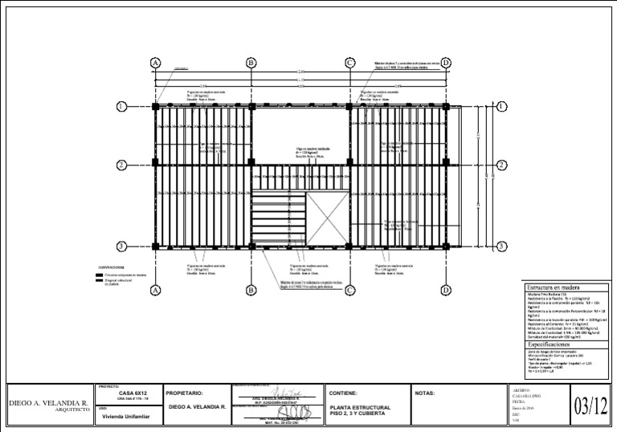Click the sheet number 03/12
(x=591, y=406)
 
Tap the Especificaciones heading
(x=554, y=344)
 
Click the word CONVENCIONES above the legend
(x=111, y=266)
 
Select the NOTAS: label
(x=424, y=393)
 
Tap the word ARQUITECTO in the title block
(x=67, y=408)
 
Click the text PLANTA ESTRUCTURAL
(x=360, y=407)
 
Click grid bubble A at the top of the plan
(x=156, y=63)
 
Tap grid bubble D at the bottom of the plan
(x=446, y=290)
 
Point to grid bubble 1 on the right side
(x=501, y=106)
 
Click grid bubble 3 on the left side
(x=122, y=247)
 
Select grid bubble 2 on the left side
(x=122, y=165)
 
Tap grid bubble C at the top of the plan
(x=349, y=63)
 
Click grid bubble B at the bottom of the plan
(x=251, y=290)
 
